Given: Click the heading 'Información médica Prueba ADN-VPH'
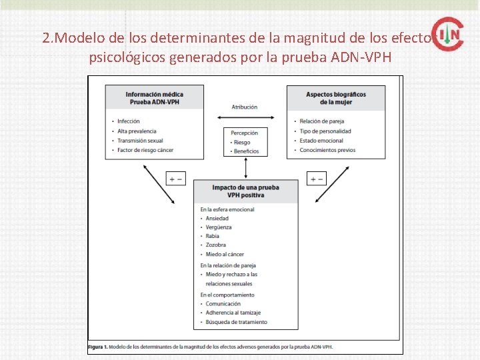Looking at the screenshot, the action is point(155,97).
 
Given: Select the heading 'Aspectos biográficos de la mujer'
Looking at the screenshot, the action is point(335,97).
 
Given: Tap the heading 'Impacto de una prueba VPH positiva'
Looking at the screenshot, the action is point(245,191).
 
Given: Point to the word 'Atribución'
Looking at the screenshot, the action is point(245,107).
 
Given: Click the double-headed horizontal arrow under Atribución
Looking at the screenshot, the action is point(245,118).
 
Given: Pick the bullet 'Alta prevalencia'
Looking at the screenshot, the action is point(137,131).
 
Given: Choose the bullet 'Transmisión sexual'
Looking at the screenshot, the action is point(140,141).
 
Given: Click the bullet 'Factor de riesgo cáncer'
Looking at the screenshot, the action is point(145,151).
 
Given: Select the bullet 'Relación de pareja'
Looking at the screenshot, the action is point(321,121).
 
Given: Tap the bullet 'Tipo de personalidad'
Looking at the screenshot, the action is point(325,131).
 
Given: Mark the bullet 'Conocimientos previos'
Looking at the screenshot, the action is point(327,150).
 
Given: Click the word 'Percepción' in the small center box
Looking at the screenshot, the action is point(245,133).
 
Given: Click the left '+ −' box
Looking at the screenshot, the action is point(175,179).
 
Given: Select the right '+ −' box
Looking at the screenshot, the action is point(316,179).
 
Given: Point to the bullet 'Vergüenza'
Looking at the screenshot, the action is point(219,227).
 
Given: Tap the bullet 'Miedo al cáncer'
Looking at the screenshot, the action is point(225,254).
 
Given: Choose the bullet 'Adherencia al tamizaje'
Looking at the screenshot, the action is point(233,313).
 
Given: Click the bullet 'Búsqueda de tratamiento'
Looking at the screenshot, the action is point(236,322).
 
